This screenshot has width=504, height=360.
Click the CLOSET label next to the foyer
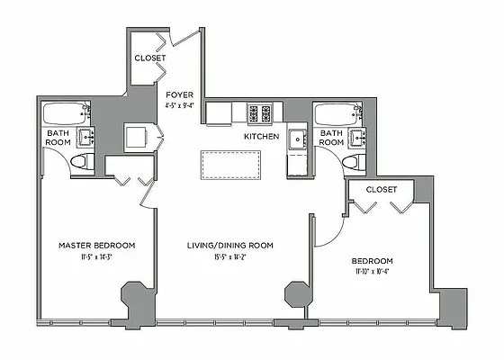pyautogui.click(x=150, y=58)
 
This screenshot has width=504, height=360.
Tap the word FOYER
pyautogui.click(x=178, y=94)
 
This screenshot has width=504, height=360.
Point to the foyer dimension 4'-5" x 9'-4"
pyautogui.click(x=180, y=104)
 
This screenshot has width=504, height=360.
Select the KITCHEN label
pyautogui.click(x=262, y=137)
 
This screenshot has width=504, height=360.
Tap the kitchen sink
pyautogui.click(x=297, y=139)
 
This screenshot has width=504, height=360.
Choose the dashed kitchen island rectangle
pyautogui.click(x=230, y=166)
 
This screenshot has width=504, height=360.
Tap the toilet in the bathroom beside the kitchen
pyautogui.click(x=354, y=162)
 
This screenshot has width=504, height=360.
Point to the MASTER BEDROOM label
pyautogui.click(x=97, y=245)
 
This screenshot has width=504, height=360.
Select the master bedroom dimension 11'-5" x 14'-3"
pyautogui.click(x=97, y=256)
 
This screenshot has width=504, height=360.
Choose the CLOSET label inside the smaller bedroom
pyautogui.click(x=382, y=190)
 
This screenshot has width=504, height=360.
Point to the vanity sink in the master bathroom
pyautogui.click(x=86, y=138)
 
